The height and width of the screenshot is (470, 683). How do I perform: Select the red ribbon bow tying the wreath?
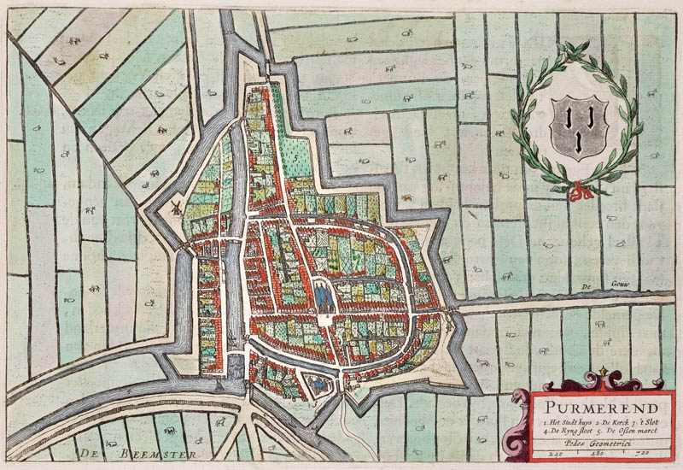(581, 191)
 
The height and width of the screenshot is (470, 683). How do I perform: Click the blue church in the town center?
(323, 295)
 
